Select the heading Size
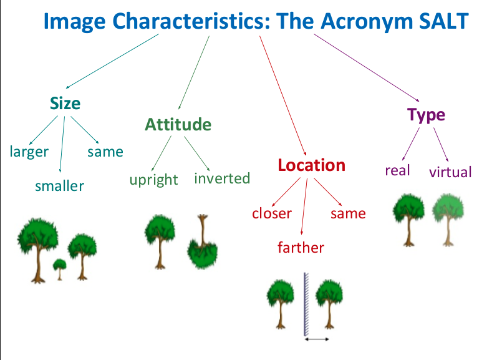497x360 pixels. click(x=65, y=103)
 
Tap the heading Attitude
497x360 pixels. click(x=178, y=125)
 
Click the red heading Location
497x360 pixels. click(x=311, y=165)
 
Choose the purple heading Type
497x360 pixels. click(x=426, y=115)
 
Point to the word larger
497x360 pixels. click(x=29, y=152)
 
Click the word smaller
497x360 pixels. click(x=59, y=185)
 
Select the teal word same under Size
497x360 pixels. click(x=105, y=152)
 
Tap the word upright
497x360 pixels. click(x=154, y=180)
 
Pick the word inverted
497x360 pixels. click(x=222, y=178)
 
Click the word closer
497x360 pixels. click(x=272, y=213)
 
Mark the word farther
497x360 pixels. click(x=301, y=248)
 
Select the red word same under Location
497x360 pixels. click(x=348, y=213)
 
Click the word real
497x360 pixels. click(x=397, y=170)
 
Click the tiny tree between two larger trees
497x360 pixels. click(x=59, y=268)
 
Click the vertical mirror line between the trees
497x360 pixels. click(x=306, y=303)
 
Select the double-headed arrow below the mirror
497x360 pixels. click(x=317, y=339)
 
